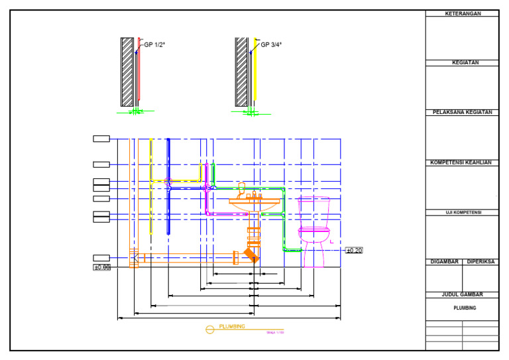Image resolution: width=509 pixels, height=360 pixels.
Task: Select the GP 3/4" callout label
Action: coord(270,45)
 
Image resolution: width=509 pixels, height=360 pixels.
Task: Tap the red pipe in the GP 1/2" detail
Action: coord(139,73)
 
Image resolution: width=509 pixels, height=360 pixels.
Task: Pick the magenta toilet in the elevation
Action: coord(313,229)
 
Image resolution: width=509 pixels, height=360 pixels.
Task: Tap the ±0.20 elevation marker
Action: coord(354,251)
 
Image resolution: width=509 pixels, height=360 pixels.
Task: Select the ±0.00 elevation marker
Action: coord(101,267)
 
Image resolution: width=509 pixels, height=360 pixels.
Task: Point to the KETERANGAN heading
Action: coord(462,13)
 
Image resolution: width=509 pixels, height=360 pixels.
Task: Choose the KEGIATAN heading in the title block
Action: coord(462,63)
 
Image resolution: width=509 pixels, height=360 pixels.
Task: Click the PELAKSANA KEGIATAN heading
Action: coord(462,113)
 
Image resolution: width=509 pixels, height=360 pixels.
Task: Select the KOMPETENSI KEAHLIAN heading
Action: coord(462,162)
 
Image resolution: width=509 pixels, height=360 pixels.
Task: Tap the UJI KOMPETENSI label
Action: coord(462,213)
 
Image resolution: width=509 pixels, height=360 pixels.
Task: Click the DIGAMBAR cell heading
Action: coord(444,262)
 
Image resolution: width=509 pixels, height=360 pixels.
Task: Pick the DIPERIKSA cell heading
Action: coord(481,262)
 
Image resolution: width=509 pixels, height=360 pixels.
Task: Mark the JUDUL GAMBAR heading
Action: coord(462,294)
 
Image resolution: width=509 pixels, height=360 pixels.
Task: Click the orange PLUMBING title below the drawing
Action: coord(232,326)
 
